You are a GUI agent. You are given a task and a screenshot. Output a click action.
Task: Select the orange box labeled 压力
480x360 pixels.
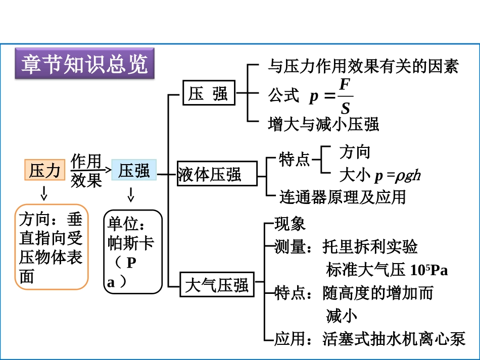click(45, 170)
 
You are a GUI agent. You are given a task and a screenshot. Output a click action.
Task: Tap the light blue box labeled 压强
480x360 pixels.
click(134, 170)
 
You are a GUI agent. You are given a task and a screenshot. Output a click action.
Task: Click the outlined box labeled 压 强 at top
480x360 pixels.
click(209, 93)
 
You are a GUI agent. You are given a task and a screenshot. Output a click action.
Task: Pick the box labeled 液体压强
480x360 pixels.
click(210, 175)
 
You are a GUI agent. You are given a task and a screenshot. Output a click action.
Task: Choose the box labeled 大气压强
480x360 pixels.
click(217, 285)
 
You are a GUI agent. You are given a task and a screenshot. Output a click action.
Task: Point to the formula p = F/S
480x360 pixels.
click(331, 95)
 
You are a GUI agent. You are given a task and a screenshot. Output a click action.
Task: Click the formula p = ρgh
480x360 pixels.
click(397, 175)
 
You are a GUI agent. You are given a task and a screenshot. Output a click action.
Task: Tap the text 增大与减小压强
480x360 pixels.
click(323, 124)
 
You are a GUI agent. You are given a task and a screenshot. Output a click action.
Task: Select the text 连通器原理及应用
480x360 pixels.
click(343, 196)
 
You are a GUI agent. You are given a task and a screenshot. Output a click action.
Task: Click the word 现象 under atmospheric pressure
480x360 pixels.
click(290, 223)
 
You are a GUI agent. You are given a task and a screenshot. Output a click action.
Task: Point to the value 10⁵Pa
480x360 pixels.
click(429, 270)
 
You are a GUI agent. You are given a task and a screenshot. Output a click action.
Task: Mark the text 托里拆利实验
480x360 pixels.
click(370, 247)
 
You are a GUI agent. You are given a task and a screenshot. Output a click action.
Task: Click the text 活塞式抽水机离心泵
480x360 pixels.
click(394, 339)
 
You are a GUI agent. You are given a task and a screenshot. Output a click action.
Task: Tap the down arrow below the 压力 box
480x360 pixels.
click(44, 192)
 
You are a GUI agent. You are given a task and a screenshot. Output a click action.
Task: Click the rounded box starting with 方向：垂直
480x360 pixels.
click(51, 247)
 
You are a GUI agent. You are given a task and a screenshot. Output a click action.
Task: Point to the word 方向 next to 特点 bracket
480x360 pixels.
click(355, 152)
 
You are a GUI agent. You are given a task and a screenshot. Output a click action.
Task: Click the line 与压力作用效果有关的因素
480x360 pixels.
click(363, 66)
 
